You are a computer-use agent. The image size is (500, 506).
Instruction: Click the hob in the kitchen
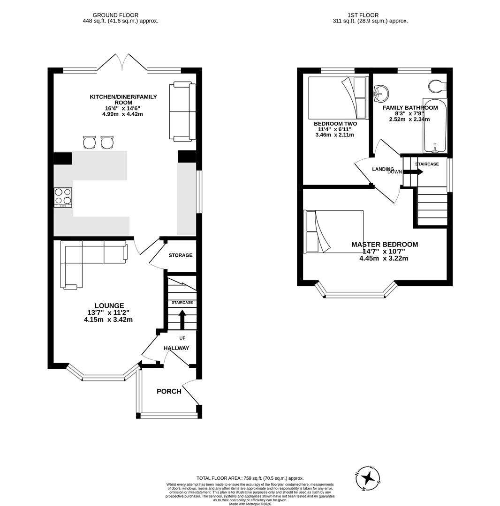pyautogui.click(x=63, y=197)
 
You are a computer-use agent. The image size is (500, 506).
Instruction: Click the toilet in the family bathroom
pyautogui.click(x=438, y=86)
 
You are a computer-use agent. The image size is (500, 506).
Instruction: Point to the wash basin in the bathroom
pyautogui.click(x=381, y=93)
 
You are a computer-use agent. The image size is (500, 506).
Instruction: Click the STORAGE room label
pyautogui.click(x=181, y=255)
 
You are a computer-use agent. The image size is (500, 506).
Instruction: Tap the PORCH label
pyautogui.click(x=169, y=391)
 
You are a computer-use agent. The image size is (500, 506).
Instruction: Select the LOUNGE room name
pyautogui.click(x=109, y=305)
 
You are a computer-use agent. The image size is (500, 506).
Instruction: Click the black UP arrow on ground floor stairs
pyautogui.click(x=182, y=321)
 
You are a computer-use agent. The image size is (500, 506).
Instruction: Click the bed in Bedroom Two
pyautogui.click(x=337, y=98)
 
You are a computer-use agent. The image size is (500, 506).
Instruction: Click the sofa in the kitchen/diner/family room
pyautogui.click(x=182, y=112)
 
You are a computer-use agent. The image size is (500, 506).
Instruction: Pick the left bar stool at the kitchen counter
pyautogui.click(x=89, y=142)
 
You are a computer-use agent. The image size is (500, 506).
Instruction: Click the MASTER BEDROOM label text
pyautogui.click(x=384, y=245)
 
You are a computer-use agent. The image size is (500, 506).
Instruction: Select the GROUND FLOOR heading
pyautogui.click(x=115, y=15)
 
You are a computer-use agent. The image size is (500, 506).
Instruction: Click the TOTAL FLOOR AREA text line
pyautogui.click(x=250, y=478)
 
